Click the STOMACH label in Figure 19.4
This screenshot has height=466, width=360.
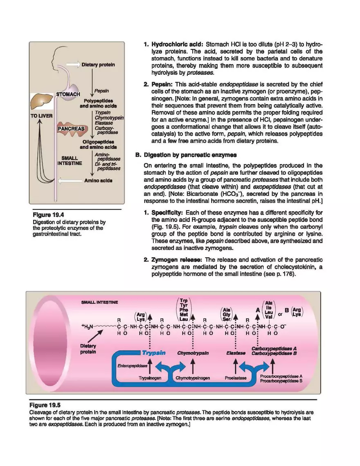[68, 94]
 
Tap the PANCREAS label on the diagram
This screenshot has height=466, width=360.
[71, 128]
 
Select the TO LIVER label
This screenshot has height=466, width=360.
[41, 116]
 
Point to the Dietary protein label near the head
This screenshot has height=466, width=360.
[98, 65]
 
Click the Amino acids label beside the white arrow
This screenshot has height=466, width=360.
[99, 180]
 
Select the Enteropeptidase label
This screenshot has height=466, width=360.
[132, 365]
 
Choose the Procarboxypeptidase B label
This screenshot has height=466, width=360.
[281, 380]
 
